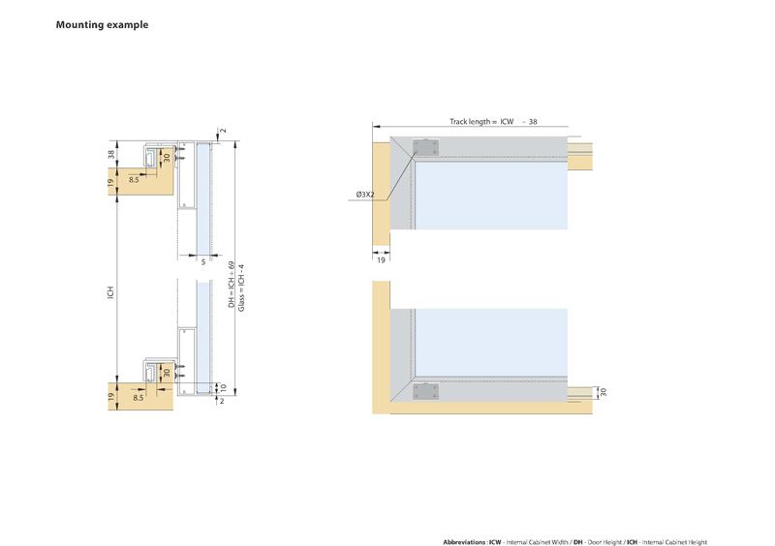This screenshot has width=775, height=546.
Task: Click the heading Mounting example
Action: coord(102,24)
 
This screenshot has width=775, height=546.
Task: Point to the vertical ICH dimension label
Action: coord(111,290)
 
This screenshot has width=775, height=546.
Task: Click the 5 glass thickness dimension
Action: coord(203,260)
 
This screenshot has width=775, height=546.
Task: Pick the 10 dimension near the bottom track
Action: coord(223,387)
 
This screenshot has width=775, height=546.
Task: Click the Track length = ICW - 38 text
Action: coord(493,122)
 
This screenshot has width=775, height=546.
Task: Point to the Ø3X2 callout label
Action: coord(366,195)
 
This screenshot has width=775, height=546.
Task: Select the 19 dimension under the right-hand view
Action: coord(381,260)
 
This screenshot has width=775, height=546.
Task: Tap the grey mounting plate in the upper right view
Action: coord(425,147)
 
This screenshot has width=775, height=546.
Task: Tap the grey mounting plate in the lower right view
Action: coord(425,392)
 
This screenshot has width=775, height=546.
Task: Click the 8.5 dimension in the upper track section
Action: coord(133,180)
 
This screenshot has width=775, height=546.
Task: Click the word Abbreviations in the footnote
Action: coord(465,542)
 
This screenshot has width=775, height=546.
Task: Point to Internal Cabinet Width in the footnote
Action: coord(535,542)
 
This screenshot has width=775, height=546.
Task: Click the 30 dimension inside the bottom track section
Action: coord(167,372)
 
